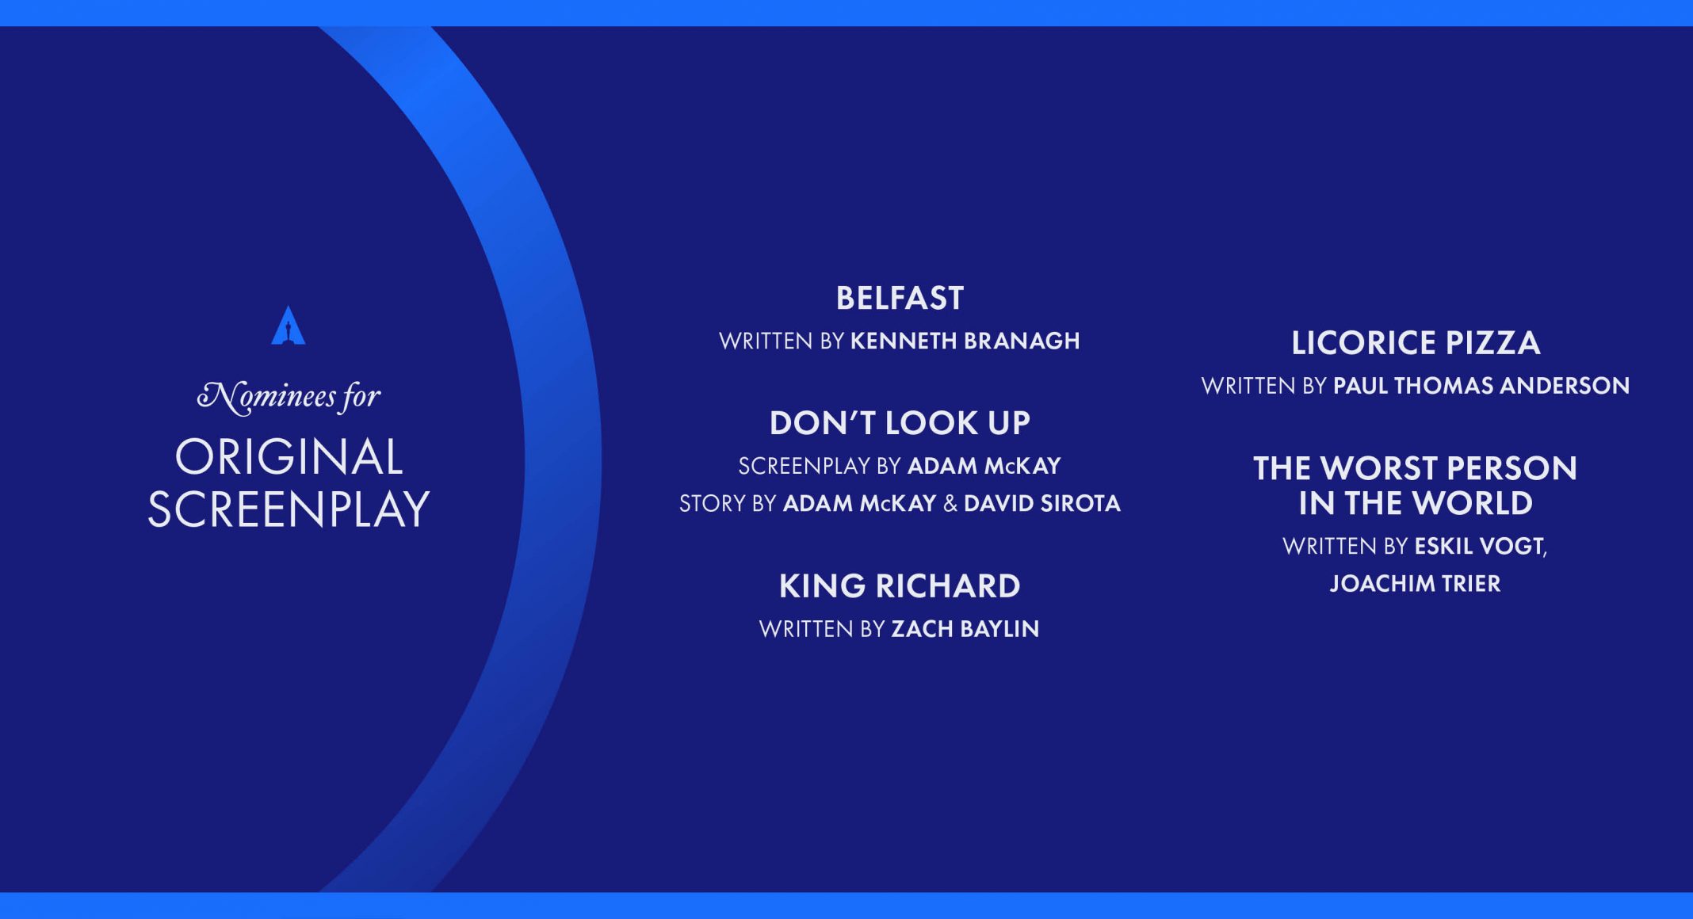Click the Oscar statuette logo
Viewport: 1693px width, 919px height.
(289, 326)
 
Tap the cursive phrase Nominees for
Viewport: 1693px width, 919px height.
(289, 396)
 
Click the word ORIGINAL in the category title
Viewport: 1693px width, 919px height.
(289, 457)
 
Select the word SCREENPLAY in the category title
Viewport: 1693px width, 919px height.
(289, 509)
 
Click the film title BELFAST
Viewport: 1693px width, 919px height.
(900, 299)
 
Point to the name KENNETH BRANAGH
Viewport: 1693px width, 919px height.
(965, 341)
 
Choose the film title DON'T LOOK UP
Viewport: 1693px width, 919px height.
(900, 423)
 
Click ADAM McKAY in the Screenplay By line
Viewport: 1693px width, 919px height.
(984, 466)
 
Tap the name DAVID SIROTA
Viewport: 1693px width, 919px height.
(1042, 504)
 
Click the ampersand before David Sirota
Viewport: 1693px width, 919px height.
(950, 504)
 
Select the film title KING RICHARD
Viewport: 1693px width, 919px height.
(900, 586)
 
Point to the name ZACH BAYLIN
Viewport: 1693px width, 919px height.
(965, 629)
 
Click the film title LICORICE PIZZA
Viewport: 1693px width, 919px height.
(1416, 343)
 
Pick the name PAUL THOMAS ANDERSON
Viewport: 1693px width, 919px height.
(1481, 386)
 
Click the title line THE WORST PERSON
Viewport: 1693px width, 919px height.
(1416, 468)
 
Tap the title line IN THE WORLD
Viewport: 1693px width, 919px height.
(1416, 504)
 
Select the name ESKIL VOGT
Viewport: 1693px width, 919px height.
(1479, 546)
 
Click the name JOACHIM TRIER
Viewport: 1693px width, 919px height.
(1416, 584)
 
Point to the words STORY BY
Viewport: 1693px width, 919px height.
(728, 504)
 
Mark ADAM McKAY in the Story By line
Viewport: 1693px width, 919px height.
(860, 504)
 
